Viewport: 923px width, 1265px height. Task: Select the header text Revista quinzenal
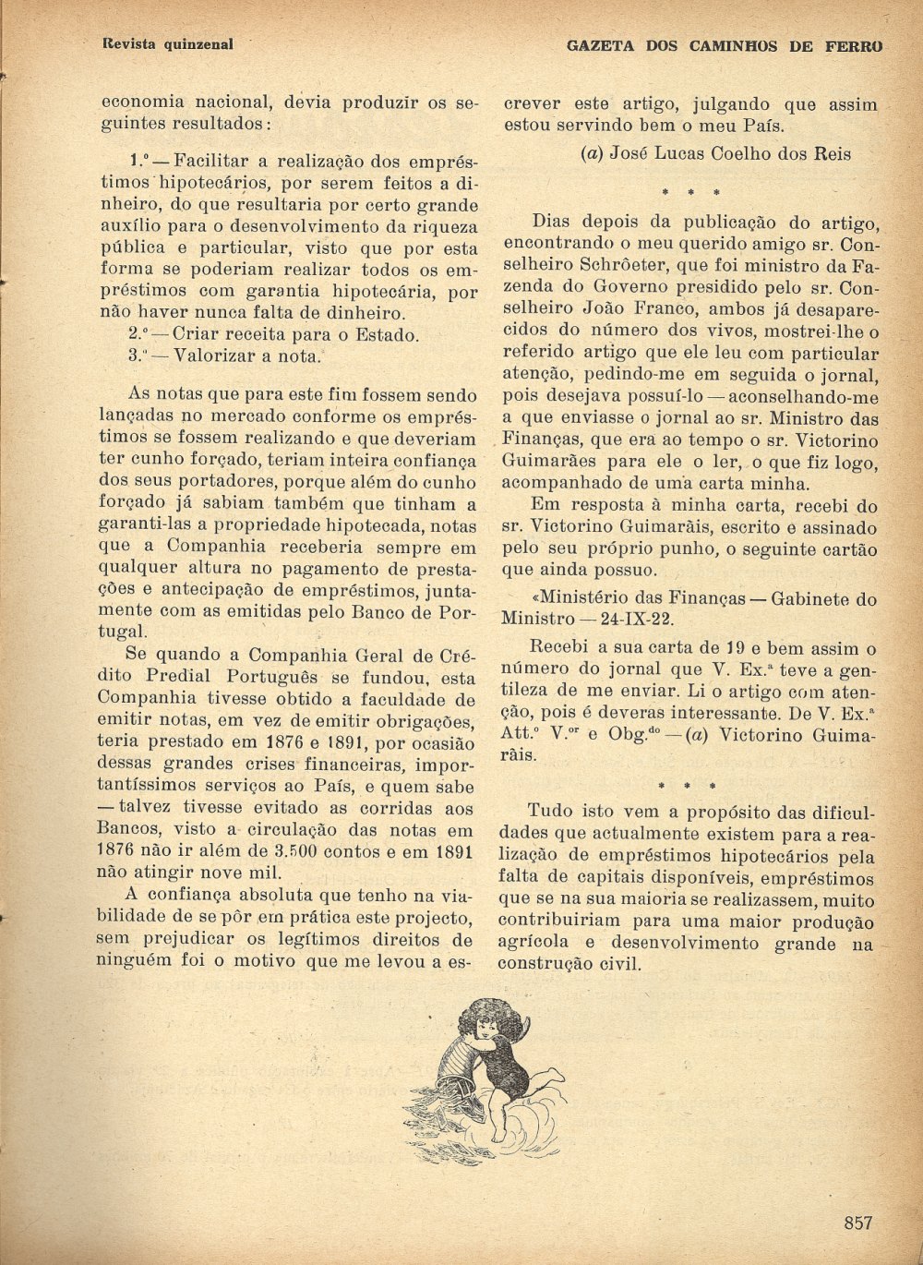[167, 43]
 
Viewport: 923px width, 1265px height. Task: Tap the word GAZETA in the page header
[602, 45]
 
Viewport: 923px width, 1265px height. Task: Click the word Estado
[381, 334]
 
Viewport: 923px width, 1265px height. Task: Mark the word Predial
[168, 677]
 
